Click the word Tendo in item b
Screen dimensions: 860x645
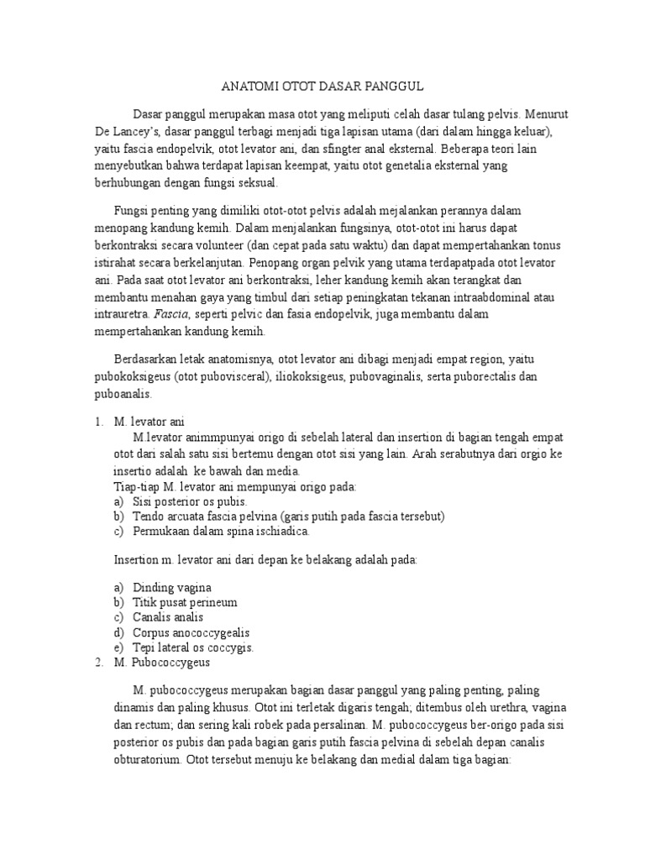148,516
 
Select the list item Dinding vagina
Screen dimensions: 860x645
172,587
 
